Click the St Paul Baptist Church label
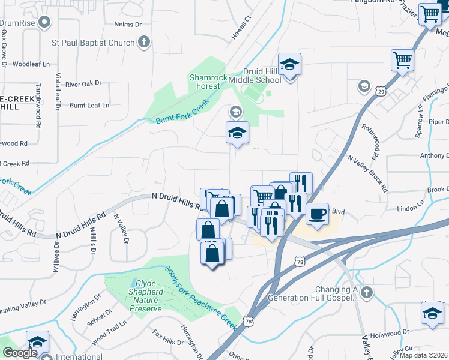click(92, 43)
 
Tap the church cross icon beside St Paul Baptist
click(143, 42)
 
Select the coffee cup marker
click(317, 214)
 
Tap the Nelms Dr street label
click(127, 25)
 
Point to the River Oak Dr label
click(84, 85)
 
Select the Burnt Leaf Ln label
click(90, 105)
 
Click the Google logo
click(20, 353)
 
